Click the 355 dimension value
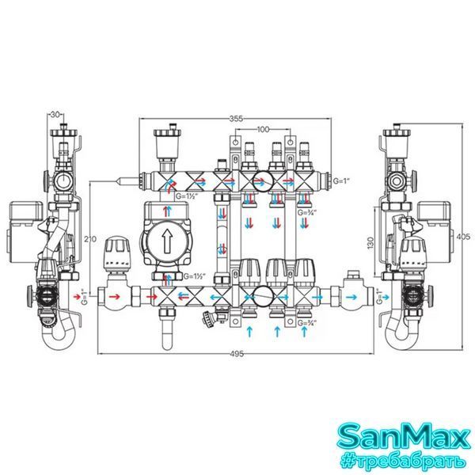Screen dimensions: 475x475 (236, 119)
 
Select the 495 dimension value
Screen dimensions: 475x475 (237, 354)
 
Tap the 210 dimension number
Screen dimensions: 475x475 (90, 239)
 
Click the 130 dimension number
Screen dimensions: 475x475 (370, 243)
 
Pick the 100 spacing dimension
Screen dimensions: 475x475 (263, 129)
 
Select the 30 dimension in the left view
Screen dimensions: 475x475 (55, 115)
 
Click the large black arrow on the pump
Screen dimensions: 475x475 (166, 241)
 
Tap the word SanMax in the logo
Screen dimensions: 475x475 (403, 436)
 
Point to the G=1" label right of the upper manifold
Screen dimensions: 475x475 (341, 181)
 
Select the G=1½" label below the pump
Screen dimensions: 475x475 (195, 276)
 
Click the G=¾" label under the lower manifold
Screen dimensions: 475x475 (307, 323)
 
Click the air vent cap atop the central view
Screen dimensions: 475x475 (167, 133)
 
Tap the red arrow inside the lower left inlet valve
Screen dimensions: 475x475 (114, 297)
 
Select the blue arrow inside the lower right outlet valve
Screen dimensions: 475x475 (351, 297)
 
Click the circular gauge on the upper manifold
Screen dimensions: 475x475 (263, 182)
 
